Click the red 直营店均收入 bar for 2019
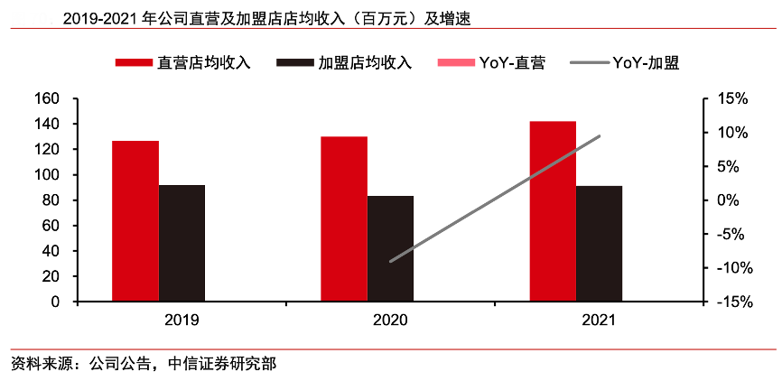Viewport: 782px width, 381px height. click(135, 221)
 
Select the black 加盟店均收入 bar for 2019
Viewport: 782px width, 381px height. click(182, 244)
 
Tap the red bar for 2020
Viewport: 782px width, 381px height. click(344, 219)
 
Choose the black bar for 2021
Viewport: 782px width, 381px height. click(599, 244)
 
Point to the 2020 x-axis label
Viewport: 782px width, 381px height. click(390, 320)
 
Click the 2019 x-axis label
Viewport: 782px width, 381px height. click(182, 320)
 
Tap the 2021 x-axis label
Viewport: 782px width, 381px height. click(599, 320)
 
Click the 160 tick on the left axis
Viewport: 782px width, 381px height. click(46, 98)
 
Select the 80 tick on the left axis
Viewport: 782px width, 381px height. click(50, 200)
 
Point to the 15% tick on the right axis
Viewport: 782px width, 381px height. click(730, 98)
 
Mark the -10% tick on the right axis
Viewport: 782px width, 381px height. click(728, 268)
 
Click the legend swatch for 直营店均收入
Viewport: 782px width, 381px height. click(134, 63)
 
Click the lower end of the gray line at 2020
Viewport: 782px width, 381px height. click(390, 262)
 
